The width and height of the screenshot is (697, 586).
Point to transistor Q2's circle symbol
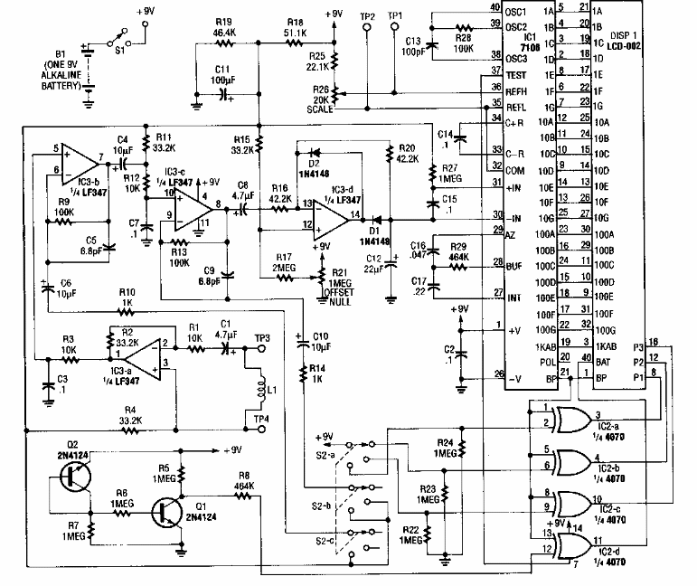74,477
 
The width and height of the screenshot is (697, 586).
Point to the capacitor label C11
222,69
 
